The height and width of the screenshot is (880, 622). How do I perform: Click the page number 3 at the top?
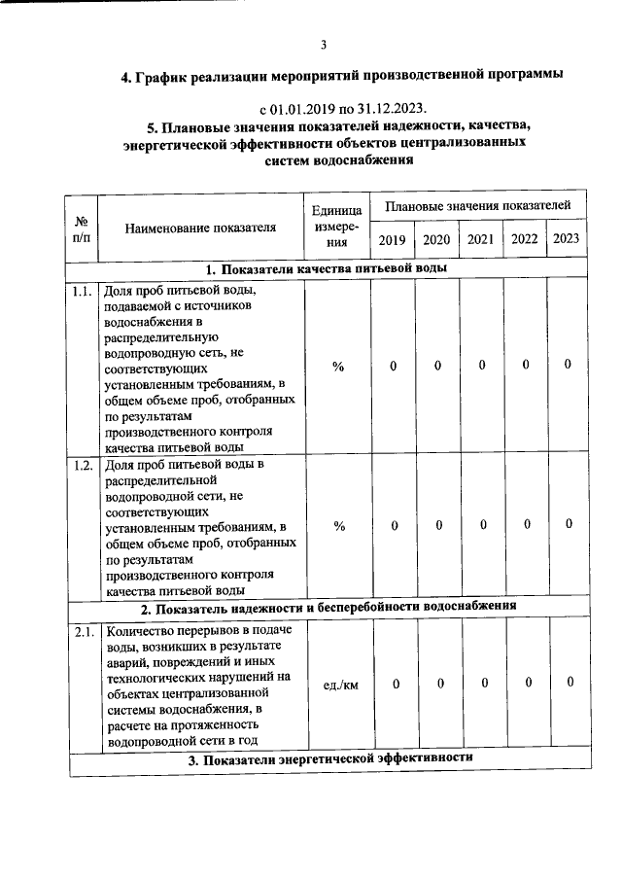coord(323,44)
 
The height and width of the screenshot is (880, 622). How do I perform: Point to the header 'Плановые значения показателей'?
coord(479,207)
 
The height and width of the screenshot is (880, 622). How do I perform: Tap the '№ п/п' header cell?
coord(82,230)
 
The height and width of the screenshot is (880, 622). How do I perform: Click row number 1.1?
coord(82,291)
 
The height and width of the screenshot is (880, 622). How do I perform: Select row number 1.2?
coord(82,465)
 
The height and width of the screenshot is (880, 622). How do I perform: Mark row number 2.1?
coord(82,633)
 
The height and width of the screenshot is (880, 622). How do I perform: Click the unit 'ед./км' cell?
coord(339,685)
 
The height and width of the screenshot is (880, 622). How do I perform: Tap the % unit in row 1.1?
coord(339,367)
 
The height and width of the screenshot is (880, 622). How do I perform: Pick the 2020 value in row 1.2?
coord(438,525)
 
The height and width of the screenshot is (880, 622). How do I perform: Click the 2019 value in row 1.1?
coord(394,367)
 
